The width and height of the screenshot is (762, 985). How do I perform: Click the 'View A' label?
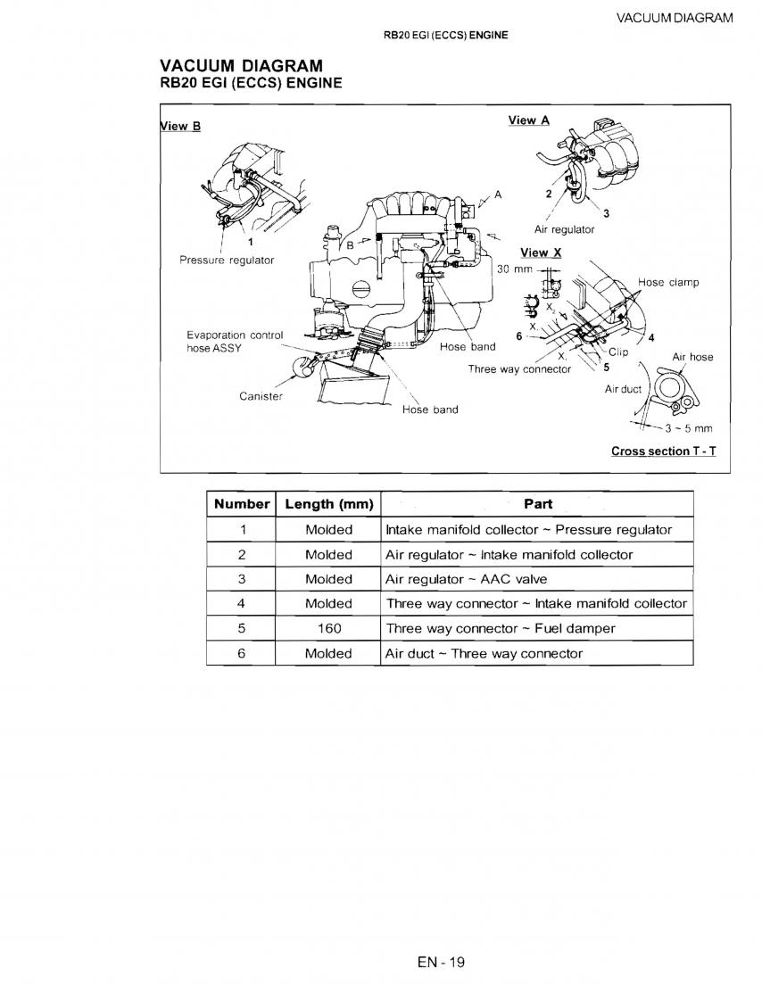(x=528, y=120)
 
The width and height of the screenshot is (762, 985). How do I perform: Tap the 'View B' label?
(x=181, y=126)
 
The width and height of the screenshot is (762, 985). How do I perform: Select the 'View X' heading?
(x=541, y=252)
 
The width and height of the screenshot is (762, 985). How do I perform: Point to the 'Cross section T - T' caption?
(x=663, y=451)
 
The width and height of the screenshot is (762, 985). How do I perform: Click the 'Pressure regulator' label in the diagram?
(x=227, y=261)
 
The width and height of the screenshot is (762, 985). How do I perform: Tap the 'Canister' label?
(x=261, y=396)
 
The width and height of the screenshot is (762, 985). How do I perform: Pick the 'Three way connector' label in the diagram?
(x=519, y=369)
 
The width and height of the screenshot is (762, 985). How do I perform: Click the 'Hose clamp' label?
(x=668, y=283)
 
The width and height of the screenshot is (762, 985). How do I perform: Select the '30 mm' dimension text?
(x=514, y=269)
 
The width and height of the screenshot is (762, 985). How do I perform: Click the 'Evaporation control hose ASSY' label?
(x=234, y=342)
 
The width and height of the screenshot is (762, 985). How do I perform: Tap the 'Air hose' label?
(x=692, y=357)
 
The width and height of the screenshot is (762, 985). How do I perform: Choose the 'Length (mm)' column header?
(x=328, y=504)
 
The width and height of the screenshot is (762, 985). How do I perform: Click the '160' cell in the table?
(x=328, y=628)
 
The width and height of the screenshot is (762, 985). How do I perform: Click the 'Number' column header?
(x=242, y=504)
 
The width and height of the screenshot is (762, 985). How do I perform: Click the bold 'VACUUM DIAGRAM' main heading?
(x=241, y=66)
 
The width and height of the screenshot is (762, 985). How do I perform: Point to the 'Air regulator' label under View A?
(x=564, y=229)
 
